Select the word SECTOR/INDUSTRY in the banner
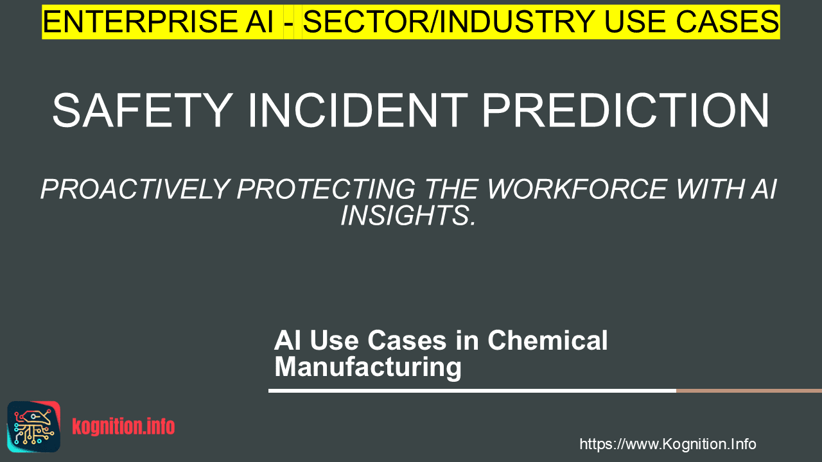449,22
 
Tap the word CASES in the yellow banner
728,22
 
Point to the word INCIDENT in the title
358,110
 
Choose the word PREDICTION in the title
625,110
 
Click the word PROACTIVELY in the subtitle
135,189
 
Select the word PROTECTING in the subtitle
326,189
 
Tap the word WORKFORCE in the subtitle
576,189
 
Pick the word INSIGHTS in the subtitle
408,215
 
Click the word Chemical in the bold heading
548,340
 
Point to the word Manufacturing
368,366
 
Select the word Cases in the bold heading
407,341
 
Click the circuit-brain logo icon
34,427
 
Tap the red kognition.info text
124,427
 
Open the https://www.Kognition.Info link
668,444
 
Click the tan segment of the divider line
749,391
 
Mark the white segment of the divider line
472,391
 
